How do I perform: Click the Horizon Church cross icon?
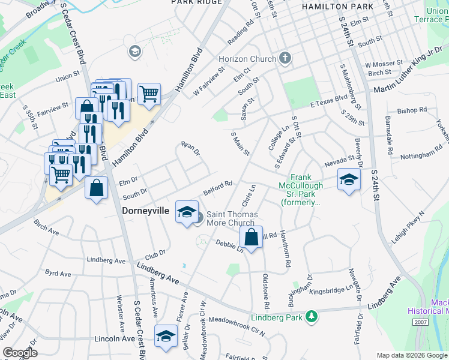point(285,59)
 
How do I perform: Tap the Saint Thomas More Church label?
point(232,219)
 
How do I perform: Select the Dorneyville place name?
point(148,211)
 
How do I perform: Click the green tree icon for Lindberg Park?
point(311,316)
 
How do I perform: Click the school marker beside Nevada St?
point(349,179)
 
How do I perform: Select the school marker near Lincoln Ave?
point(166,337)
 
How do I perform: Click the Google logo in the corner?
point(20,353)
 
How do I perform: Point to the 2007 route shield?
point(421,322)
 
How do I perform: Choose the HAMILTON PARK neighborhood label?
point(333,6)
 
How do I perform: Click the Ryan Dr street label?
point(190,148)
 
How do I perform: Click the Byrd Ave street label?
point(58,273)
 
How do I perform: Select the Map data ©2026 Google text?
point(411,355)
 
